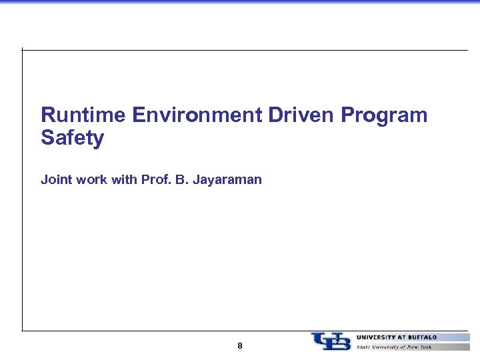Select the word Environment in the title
point(197,115)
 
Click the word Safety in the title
point(72,139)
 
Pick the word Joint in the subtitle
point(55,179)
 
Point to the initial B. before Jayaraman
point(182,179)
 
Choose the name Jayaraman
point(227,180)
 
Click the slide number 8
point(240,346)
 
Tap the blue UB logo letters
point(331,341)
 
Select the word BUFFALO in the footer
point(422,337)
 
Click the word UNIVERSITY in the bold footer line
point(378,337)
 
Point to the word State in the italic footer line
point(364,347)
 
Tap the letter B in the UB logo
point(340,342)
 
